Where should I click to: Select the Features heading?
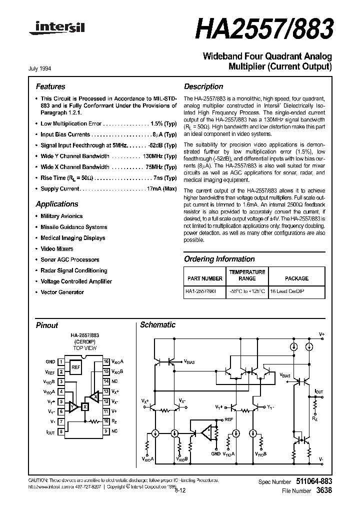click(x=50, y=86)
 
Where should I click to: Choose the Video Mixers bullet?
click(x=56, y=249)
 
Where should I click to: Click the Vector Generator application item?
click(x=62, y=292)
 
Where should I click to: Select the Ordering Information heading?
click(x=219, y=259)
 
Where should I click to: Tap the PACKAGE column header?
click(x=297, y=278)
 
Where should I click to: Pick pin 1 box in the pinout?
click(x=61, y=361)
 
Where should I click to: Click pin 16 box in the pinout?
click(x=106, y=361)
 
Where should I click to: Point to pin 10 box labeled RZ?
click(x=106, y=421)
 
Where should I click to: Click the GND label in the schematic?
click(x=215, y=454)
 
